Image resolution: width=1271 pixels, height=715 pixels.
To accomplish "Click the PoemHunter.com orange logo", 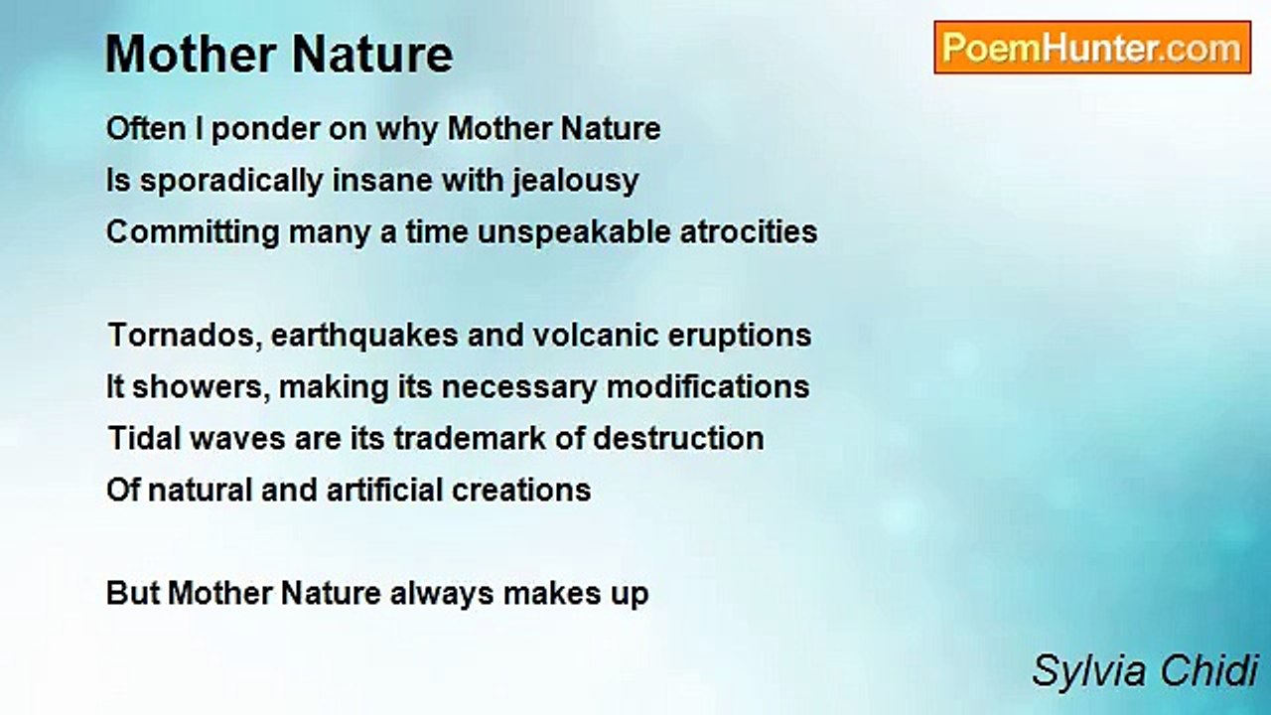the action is tap(1092, 48).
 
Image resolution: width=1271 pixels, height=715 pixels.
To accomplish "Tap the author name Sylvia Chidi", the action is tap(1145, 671).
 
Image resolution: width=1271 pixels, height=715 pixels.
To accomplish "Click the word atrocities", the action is tap(749, 232).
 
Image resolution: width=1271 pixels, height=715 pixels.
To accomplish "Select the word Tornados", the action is tap(185, 336).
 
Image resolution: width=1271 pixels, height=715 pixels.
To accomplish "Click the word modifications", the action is tap(708, 387).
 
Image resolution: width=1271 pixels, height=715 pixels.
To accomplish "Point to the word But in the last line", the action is tap(133, 594).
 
